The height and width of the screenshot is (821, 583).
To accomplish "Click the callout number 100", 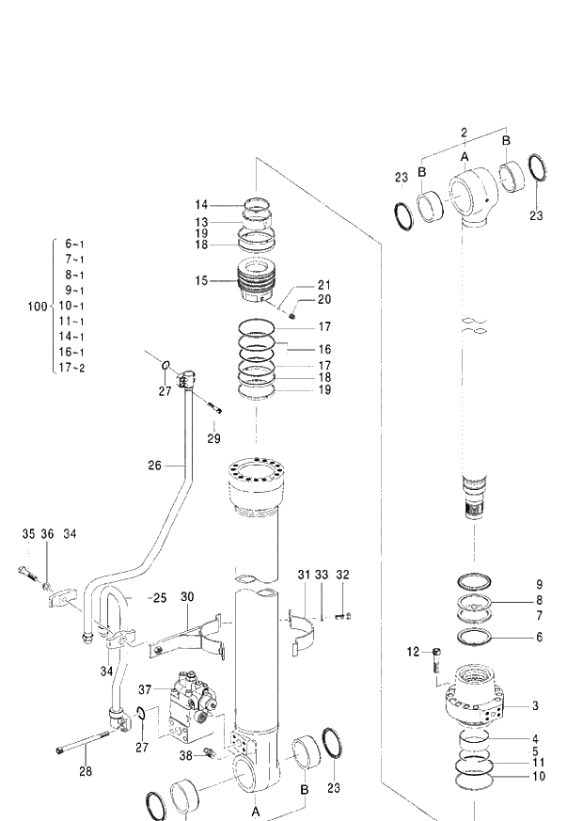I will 37,307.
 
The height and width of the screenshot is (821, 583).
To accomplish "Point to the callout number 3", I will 536,705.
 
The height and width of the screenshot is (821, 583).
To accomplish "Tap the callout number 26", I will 156,464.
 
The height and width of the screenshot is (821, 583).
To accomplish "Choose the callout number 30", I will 187,597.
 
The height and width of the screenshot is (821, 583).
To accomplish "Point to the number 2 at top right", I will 464,132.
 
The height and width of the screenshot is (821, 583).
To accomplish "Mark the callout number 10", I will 539,777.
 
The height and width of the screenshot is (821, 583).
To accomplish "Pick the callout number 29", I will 214,439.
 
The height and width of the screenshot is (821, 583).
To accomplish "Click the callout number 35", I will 28,534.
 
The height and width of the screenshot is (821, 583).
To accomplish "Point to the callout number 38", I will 186,755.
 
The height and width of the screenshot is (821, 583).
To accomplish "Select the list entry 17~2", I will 72,368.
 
